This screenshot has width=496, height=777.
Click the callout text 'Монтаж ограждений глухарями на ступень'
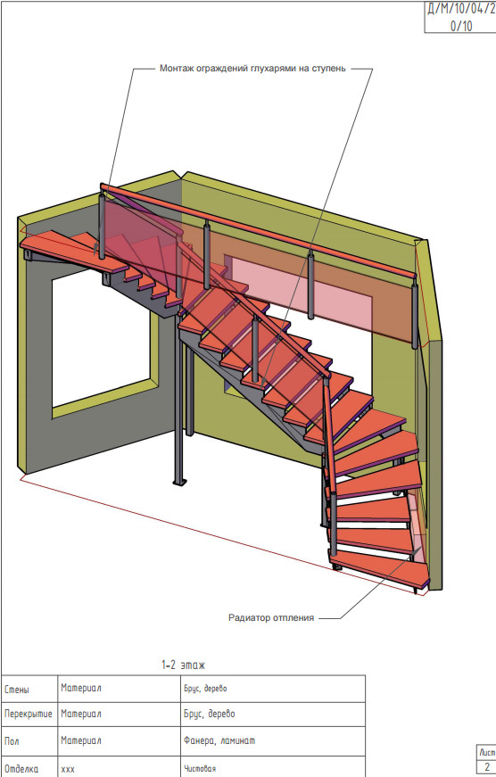(252, 69)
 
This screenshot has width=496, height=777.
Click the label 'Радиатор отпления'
(271, 618)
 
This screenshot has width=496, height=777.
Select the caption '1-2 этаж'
(184, 665)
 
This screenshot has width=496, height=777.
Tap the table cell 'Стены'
(17, 690)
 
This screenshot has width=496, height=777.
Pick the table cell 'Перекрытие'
(29, 714)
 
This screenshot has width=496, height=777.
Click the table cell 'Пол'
(12, 740)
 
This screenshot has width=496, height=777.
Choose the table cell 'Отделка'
(21, 769)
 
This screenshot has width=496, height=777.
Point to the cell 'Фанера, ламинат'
(219, 740)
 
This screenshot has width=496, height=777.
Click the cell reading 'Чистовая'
(200, 769)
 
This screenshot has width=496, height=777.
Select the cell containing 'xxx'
(68, 770)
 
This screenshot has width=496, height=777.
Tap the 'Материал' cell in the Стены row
(81, 689)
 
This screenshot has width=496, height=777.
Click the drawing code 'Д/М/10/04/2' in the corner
(461, 10)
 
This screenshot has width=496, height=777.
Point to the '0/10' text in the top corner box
(461, 26)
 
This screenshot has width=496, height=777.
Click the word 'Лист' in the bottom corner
(487, 752)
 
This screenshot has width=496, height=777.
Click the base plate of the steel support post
(179, 481)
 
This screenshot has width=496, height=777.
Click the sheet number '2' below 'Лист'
(487, 767)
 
